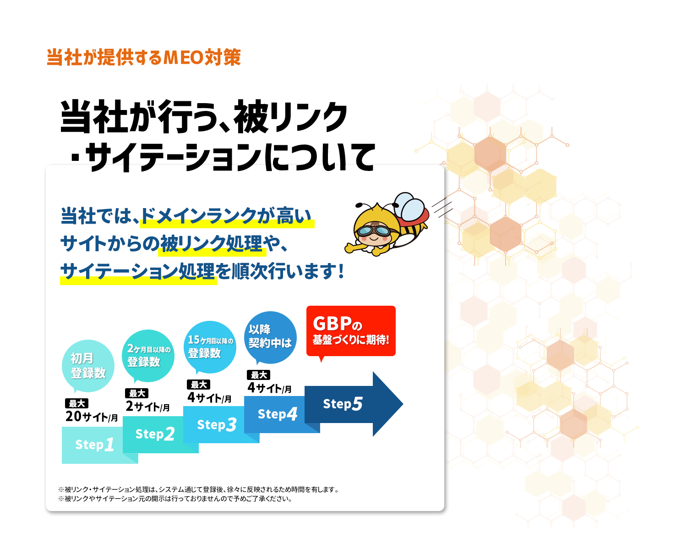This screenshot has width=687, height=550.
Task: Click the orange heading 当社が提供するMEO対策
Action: click(x=144, y=58)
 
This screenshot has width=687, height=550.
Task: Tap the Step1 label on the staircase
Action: click(x=94, y=445)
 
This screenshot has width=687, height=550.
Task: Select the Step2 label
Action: click(x=155, y=434)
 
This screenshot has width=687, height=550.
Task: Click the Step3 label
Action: click(x=217, y=424)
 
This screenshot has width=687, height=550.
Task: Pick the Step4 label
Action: click(x=278, y=414)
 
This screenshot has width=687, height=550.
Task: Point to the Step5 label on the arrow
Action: click(x=343, y=404)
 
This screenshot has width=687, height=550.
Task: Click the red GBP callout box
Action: click(x=351, y=331)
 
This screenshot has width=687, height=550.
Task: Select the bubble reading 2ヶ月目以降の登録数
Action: click(x=148, y=356)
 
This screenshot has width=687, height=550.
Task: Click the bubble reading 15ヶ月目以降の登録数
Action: click(x=210, y=347)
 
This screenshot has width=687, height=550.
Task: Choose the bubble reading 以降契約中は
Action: click(x=270, y=337)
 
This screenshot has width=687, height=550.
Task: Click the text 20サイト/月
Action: click(x=92, y=417)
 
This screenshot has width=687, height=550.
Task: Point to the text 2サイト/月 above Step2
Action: click(x=147, y=407)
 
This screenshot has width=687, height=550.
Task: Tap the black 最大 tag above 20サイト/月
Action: click(x=76, y=403)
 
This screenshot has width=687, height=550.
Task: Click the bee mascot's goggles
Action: click(x=374, y=231)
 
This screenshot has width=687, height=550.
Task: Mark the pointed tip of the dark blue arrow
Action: click(x=403, y=404)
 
